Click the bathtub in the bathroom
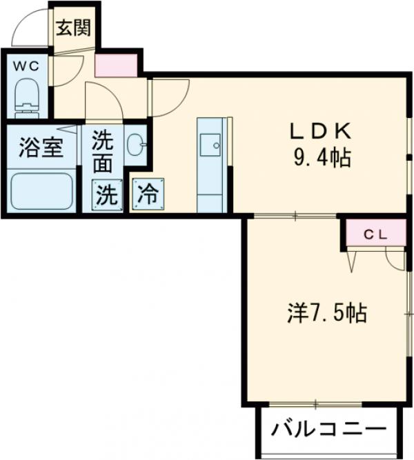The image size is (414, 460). (42, 190)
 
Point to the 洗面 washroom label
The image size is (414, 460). (103, 151)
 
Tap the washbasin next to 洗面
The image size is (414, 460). (135, 145)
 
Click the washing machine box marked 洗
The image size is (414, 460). (106, 195)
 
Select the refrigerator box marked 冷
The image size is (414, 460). (148, 195)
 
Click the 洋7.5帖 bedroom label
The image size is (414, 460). (326, 313)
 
